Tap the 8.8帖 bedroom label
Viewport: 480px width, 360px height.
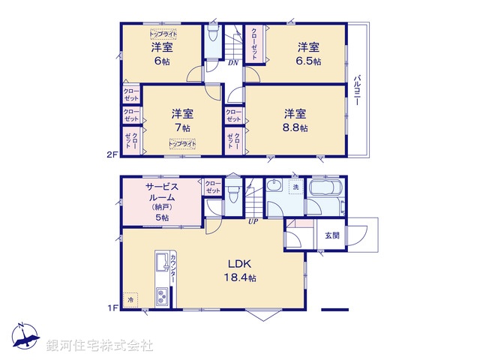coord(295,120)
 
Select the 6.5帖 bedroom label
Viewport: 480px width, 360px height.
coord(307,52)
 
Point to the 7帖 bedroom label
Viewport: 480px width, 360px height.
coord(182,120)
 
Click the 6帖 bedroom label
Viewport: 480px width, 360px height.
coord(162,52)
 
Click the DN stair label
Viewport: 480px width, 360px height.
coord(233,63)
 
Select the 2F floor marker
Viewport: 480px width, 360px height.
coord(112,155)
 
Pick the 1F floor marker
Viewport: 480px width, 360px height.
coord(112,307)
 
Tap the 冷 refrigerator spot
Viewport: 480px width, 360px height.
coord(130,300)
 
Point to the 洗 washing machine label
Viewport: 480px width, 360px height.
coord(295,187)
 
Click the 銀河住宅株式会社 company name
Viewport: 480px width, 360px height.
coord(99,346)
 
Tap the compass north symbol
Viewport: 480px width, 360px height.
coord(24,334)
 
